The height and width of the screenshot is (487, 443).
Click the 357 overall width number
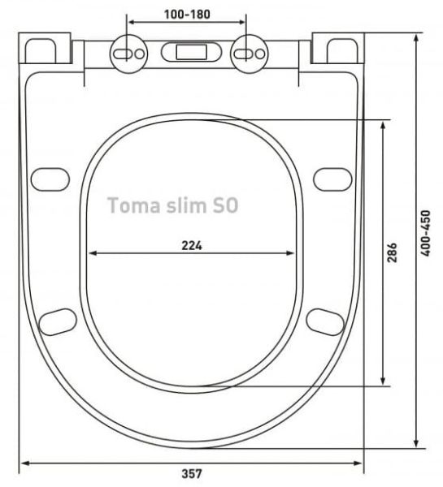tap(191, 473)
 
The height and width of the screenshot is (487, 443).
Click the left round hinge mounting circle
tap(131, 52)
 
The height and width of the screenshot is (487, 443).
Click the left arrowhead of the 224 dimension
tap(92, 253)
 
